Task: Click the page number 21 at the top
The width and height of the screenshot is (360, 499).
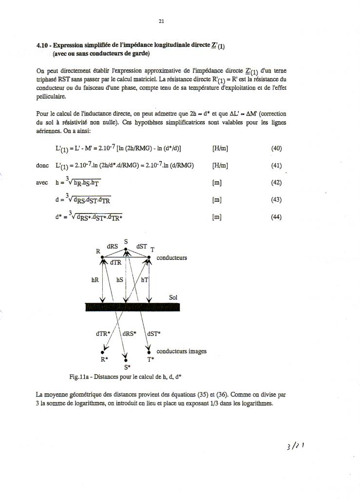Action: coord(161,21)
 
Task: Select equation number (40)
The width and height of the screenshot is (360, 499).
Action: coord(276,148)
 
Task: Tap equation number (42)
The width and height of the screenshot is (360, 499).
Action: coord(276,183)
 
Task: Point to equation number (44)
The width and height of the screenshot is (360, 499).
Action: coord(276,217)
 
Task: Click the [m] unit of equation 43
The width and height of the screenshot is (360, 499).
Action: coord(217,200)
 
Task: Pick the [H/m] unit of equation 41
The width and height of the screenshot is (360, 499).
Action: coord(220,165)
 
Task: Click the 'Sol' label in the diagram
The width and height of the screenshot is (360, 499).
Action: coord(173,297)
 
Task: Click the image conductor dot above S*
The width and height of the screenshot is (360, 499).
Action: coord(126,360)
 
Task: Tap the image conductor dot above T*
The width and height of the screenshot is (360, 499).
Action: coord(149,352)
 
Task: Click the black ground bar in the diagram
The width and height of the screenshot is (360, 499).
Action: coord(133,307)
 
